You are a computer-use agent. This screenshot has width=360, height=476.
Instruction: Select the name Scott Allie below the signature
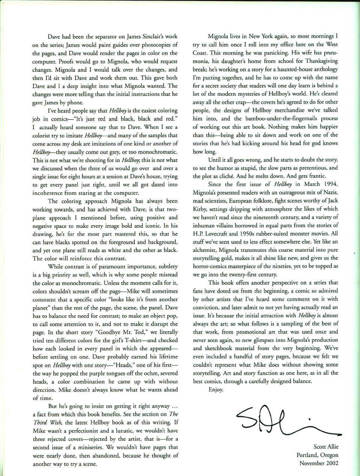325,447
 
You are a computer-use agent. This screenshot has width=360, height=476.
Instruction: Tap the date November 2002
319,463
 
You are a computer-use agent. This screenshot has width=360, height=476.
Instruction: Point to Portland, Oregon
317,455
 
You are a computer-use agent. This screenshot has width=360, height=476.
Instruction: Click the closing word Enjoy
216,389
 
